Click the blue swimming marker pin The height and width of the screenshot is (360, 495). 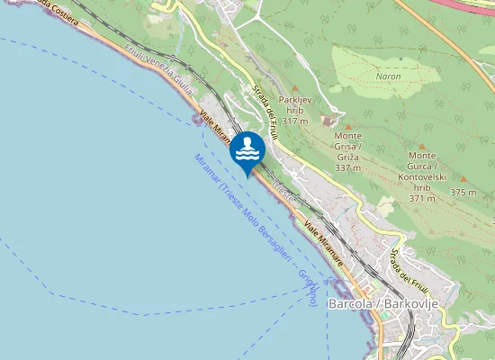pyautogui.click(x=247, y=149)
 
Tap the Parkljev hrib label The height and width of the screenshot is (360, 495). pyautogui.click(x=295, y=103)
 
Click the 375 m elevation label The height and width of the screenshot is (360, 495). pyautogui.click(x=463, y=193)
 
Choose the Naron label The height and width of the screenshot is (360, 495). pyautogui.click(x=388, y=77)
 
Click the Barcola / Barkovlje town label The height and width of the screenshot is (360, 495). pyautogui.click(x=383, y=304)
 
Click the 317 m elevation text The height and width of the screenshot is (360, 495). pyautogui.click(x=295, y=120)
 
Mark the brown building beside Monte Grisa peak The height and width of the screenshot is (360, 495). pyautogui.click(x=328, y=121)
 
